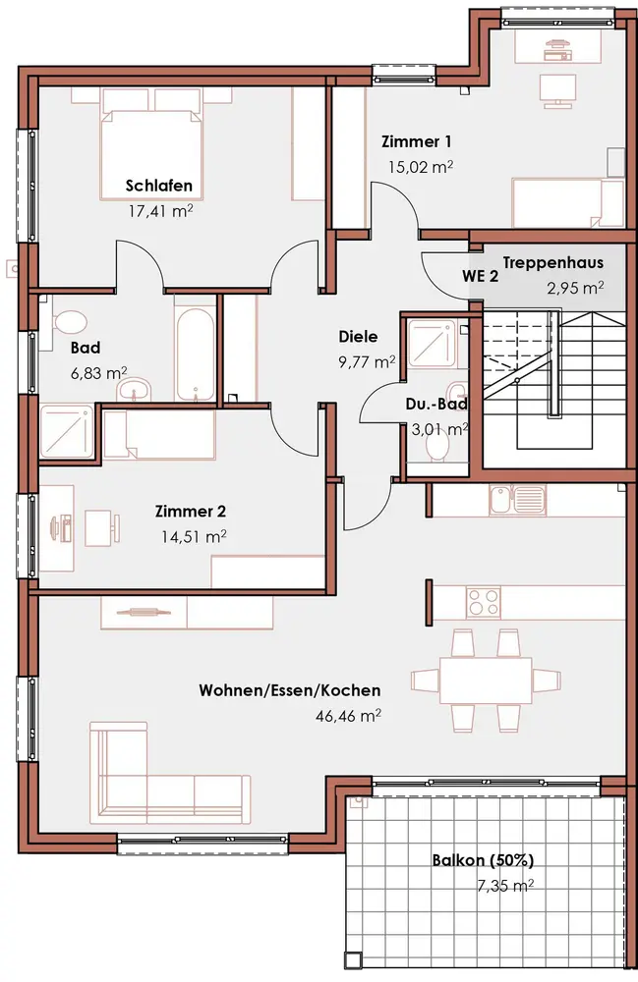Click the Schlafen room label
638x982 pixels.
click(158, 186)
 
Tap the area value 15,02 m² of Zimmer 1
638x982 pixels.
click(420, 167)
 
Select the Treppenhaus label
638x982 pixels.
click(552, 262)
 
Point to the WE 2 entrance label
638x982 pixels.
click(480, 276)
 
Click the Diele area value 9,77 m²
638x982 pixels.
click(367, 361)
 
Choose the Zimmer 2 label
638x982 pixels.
click(191, 511)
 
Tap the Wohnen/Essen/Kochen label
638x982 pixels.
click(290, 690)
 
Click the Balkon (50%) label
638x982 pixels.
click(483, 860)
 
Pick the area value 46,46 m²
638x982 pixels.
click(348, 715)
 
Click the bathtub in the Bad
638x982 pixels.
click(196, 354)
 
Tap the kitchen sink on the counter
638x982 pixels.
click(518, 499)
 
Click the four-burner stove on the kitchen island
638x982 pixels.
click(484, 602)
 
